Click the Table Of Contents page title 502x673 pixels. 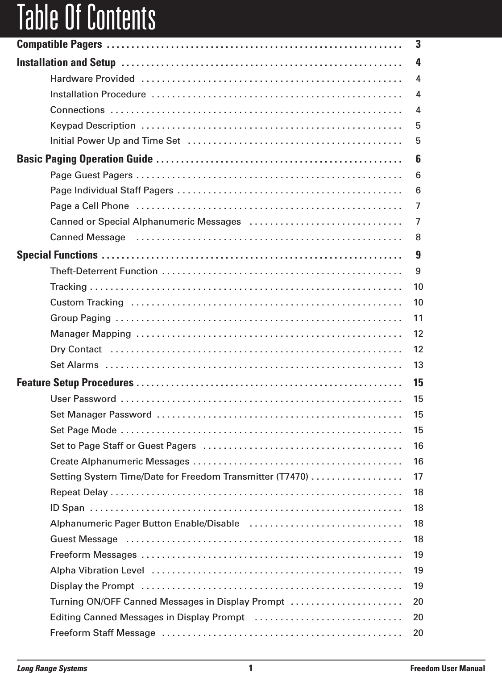click(86, 18)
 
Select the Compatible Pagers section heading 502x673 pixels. click(59, 44)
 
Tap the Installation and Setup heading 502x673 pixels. click(66, 62)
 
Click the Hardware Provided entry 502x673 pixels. click(92, 79)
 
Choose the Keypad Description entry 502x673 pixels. click(93, 126)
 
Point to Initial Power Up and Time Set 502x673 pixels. click(115, 141)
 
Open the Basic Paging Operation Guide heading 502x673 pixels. click(85, 159)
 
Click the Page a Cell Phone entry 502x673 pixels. click(90, 206)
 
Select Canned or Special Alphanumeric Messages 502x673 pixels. click(145, 222)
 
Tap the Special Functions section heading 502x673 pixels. click(57, 255)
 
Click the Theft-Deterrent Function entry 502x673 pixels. click(104, 272)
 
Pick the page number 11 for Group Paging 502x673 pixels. click(418, 318)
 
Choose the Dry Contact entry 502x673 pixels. click(76, 349)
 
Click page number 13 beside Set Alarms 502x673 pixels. click(418, 365)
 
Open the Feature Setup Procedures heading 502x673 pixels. click(75, 383)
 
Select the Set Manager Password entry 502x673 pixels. click(101, 414)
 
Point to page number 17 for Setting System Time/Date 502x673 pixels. click(418, 477)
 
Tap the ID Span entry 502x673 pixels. click(67, 508)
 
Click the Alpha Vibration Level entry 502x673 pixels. click(97, 570)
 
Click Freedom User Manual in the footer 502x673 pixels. click(447, 669)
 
